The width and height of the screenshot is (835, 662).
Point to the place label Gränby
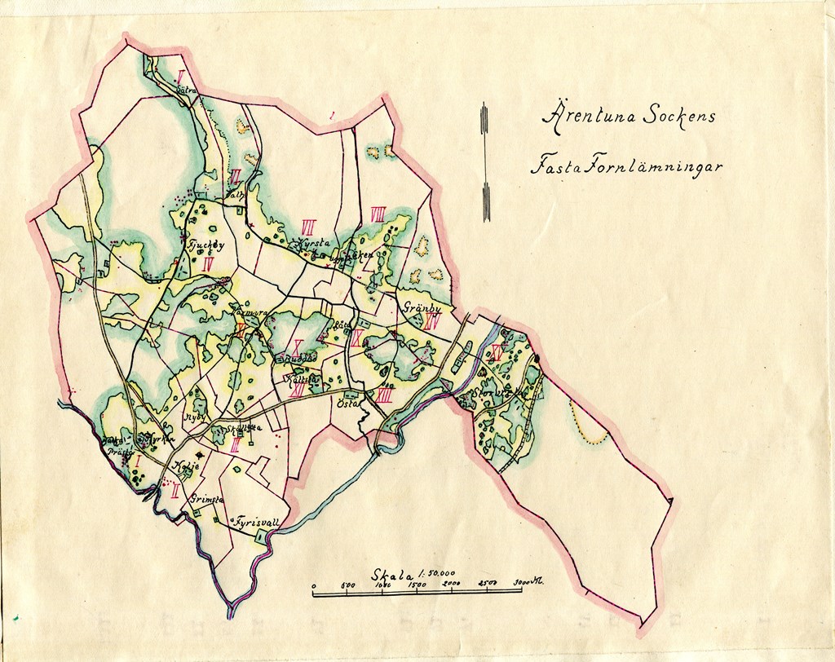click(422, 308)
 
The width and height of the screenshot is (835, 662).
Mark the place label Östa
click(347, 402)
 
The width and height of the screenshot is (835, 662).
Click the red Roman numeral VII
click(308, 225)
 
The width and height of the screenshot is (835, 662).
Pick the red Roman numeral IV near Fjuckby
click(208, 263)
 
